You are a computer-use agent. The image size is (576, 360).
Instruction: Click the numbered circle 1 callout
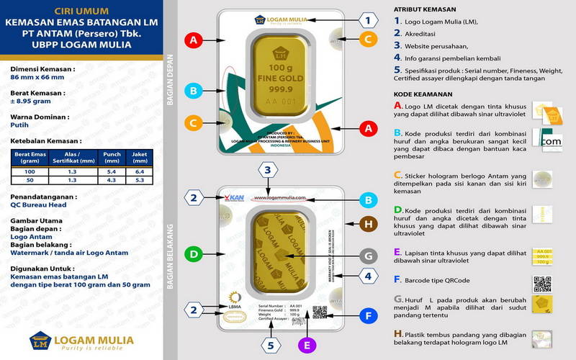pos(368,20)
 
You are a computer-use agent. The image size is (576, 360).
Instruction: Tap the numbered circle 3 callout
pos(267,171)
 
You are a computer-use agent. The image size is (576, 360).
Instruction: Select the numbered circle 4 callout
pos(368,276)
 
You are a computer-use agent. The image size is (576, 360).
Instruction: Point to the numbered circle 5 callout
pos(271,344)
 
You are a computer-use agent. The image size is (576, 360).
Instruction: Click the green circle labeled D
pos(192,253)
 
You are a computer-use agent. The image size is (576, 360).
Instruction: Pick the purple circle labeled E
pos(307,345)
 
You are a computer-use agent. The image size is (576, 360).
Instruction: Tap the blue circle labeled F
pos(368,315)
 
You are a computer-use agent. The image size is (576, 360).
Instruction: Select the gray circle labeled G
pos(368,256)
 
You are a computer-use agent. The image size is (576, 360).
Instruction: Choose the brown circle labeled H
pos(368,225)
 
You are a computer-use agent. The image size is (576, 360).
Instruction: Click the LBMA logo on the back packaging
pos(234,301)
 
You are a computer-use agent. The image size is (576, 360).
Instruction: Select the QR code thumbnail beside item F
pos(542,284)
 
